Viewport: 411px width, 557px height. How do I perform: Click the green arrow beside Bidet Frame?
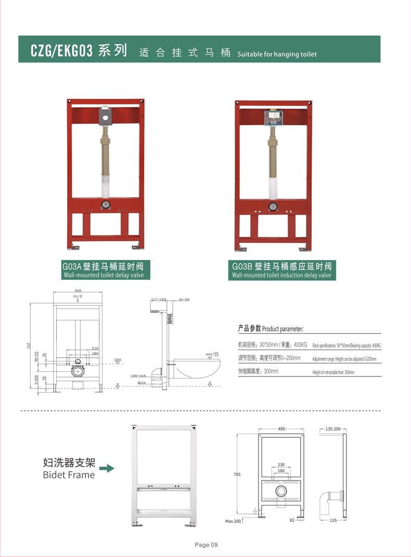point(107,469)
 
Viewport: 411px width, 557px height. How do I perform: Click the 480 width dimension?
point(281,429)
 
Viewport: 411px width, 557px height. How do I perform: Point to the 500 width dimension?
point(78,291)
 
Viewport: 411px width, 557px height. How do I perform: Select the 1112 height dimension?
point(30,345)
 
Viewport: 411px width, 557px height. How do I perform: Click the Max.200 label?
point(234,521)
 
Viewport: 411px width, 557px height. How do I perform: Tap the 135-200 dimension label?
point(333,429)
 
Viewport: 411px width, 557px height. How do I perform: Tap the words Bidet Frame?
point(69,474)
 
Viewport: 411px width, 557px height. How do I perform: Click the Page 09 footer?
point(206,545)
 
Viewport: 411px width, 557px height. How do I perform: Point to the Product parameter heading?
point(271,329)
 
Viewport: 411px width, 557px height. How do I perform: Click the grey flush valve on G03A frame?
point(106,117)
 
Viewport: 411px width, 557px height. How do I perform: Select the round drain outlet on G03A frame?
point(106,204)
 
